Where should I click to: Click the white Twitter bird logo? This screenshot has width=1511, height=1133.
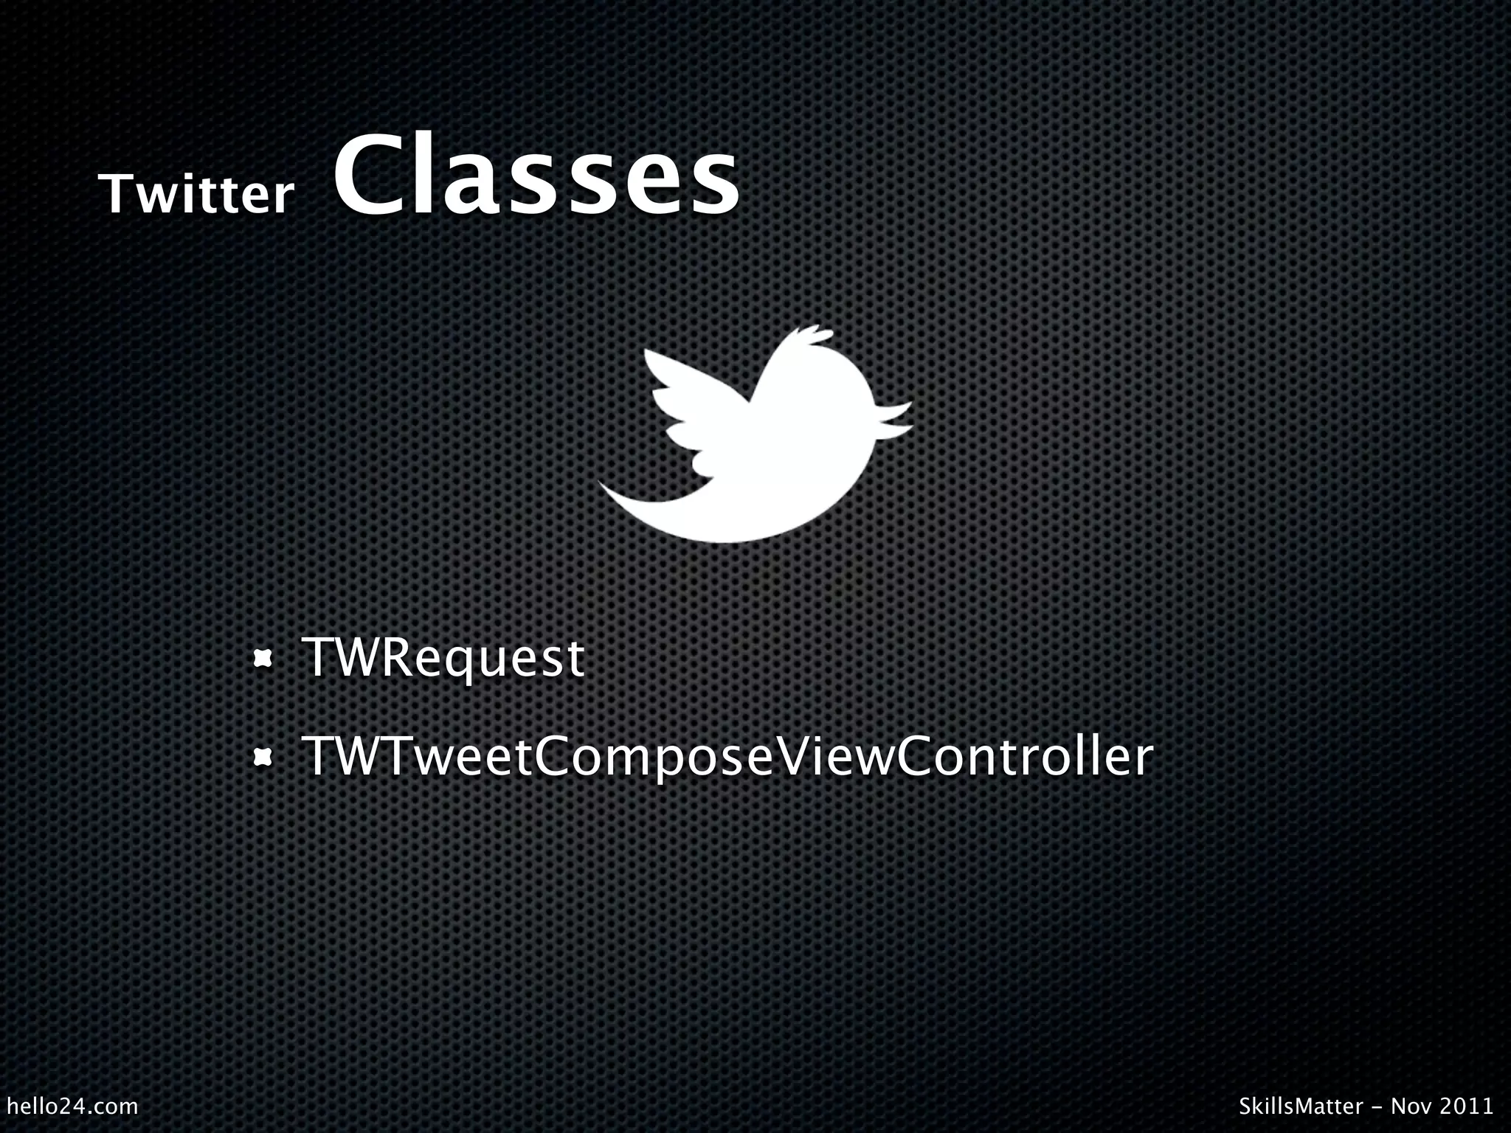pyautogui.click(x=760, y=457)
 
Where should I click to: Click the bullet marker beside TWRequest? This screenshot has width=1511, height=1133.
pyautogui.click(x=262, y=658)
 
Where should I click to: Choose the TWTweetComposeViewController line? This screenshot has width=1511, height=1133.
pyautogui.click(x=727, y=758)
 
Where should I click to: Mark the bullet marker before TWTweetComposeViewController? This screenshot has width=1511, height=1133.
pyautogui.click(x=262, y=758)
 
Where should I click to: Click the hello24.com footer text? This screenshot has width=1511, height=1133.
pyautogui.click(x=72, y=1106)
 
